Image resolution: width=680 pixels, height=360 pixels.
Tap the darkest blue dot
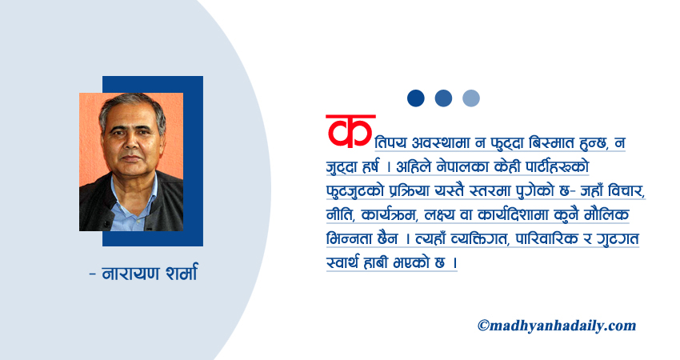point(415,98)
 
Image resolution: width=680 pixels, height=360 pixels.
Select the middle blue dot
point(443,98)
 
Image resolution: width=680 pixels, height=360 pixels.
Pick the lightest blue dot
point(471,98)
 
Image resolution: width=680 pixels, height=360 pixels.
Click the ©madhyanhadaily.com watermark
point(557,325)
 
